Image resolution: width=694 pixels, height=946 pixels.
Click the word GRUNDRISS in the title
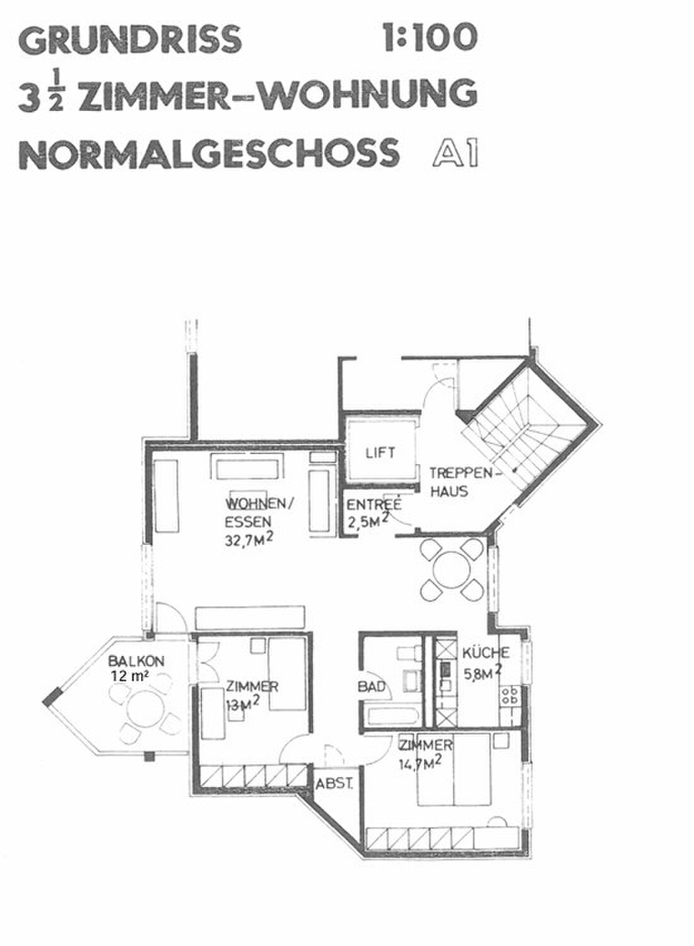131,38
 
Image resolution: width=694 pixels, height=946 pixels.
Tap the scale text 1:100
431,37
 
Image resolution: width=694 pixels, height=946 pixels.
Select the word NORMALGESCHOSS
209,153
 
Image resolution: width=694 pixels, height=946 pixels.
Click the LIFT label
380,453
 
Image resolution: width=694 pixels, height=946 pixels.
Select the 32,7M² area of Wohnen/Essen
249,539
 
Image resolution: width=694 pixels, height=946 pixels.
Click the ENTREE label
374,505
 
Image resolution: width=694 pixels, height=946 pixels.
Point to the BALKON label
136,661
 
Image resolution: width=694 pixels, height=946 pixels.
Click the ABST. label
334,784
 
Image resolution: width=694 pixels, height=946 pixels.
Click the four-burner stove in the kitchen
509,696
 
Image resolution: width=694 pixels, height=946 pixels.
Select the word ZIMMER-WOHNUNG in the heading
279,96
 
